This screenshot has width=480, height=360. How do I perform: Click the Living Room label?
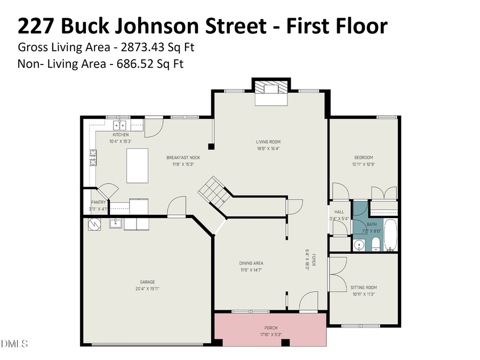pyautogui.click(x=268, y=142)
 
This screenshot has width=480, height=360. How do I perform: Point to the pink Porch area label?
pyautogui.click(x=271, y=327)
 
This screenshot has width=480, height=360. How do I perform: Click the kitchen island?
pyautogui.click(x=137, y=166)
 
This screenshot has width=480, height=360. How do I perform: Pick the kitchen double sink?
pyautogui.click(x=120, y=126)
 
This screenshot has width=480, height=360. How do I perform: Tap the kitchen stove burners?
pyautogui.click(x=93, y=158)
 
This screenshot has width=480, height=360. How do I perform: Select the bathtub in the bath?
pyautogui.click(x=391, y=235)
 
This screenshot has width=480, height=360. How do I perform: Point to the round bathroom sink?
pyautogui.click(x=359, y=245)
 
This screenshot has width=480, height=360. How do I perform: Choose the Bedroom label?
pyautogui.click(x=364, y=157)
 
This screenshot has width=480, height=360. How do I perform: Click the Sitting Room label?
pyautogui.click(x=364, y=287)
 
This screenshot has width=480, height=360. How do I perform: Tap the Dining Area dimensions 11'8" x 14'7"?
pyautogui.click(x=251, y=270)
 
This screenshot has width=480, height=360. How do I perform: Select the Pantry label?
pyautogui.click(x=98, y=202)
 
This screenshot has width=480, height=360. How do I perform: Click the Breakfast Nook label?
pyautogui.click(x=183, y=157)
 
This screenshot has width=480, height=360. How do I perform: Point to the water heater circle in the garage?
pyautogui.click(x=94, y=223)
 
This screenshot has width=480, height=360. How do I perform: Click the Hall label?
pyautogui.click(x=339, y=212)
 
